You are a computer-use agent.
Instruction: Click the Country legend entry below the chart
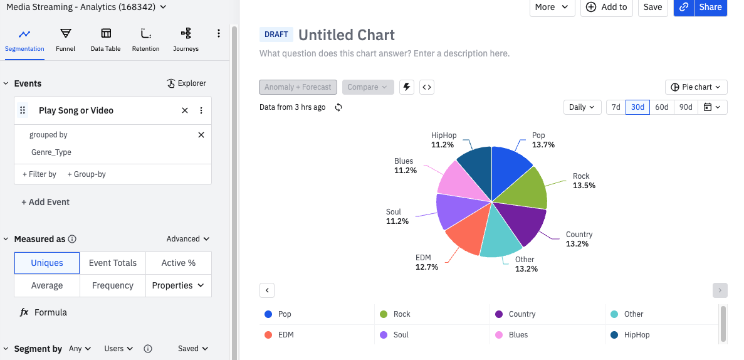point(521,314)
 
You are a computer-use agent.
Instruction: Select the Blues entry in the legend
point(518,335)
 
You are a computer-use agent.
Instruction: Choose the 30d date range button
point(637,107)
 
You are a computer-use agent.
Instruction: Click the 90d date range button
point(686,107)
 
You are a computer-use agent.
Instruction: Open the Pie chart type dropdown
point(696,87)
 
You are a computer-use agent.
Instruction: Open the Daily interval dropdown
point(582,107)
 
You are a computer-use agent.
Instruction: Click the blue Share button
point(710,7)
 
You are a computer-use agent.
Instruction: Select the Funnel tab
point(65,39)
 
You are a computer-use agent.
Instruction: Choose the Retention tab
point(145,39)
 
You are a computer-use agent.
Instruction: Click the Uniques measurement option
point(47,263)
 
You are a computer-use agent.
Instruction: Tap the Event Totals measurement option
point(113,263)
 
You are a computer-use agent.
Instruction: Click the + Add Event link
point(45,202)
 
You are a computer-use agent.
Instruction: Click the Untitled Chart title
point(346,35)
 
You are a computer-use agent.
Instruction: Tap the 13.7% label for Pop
point(543,145)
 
